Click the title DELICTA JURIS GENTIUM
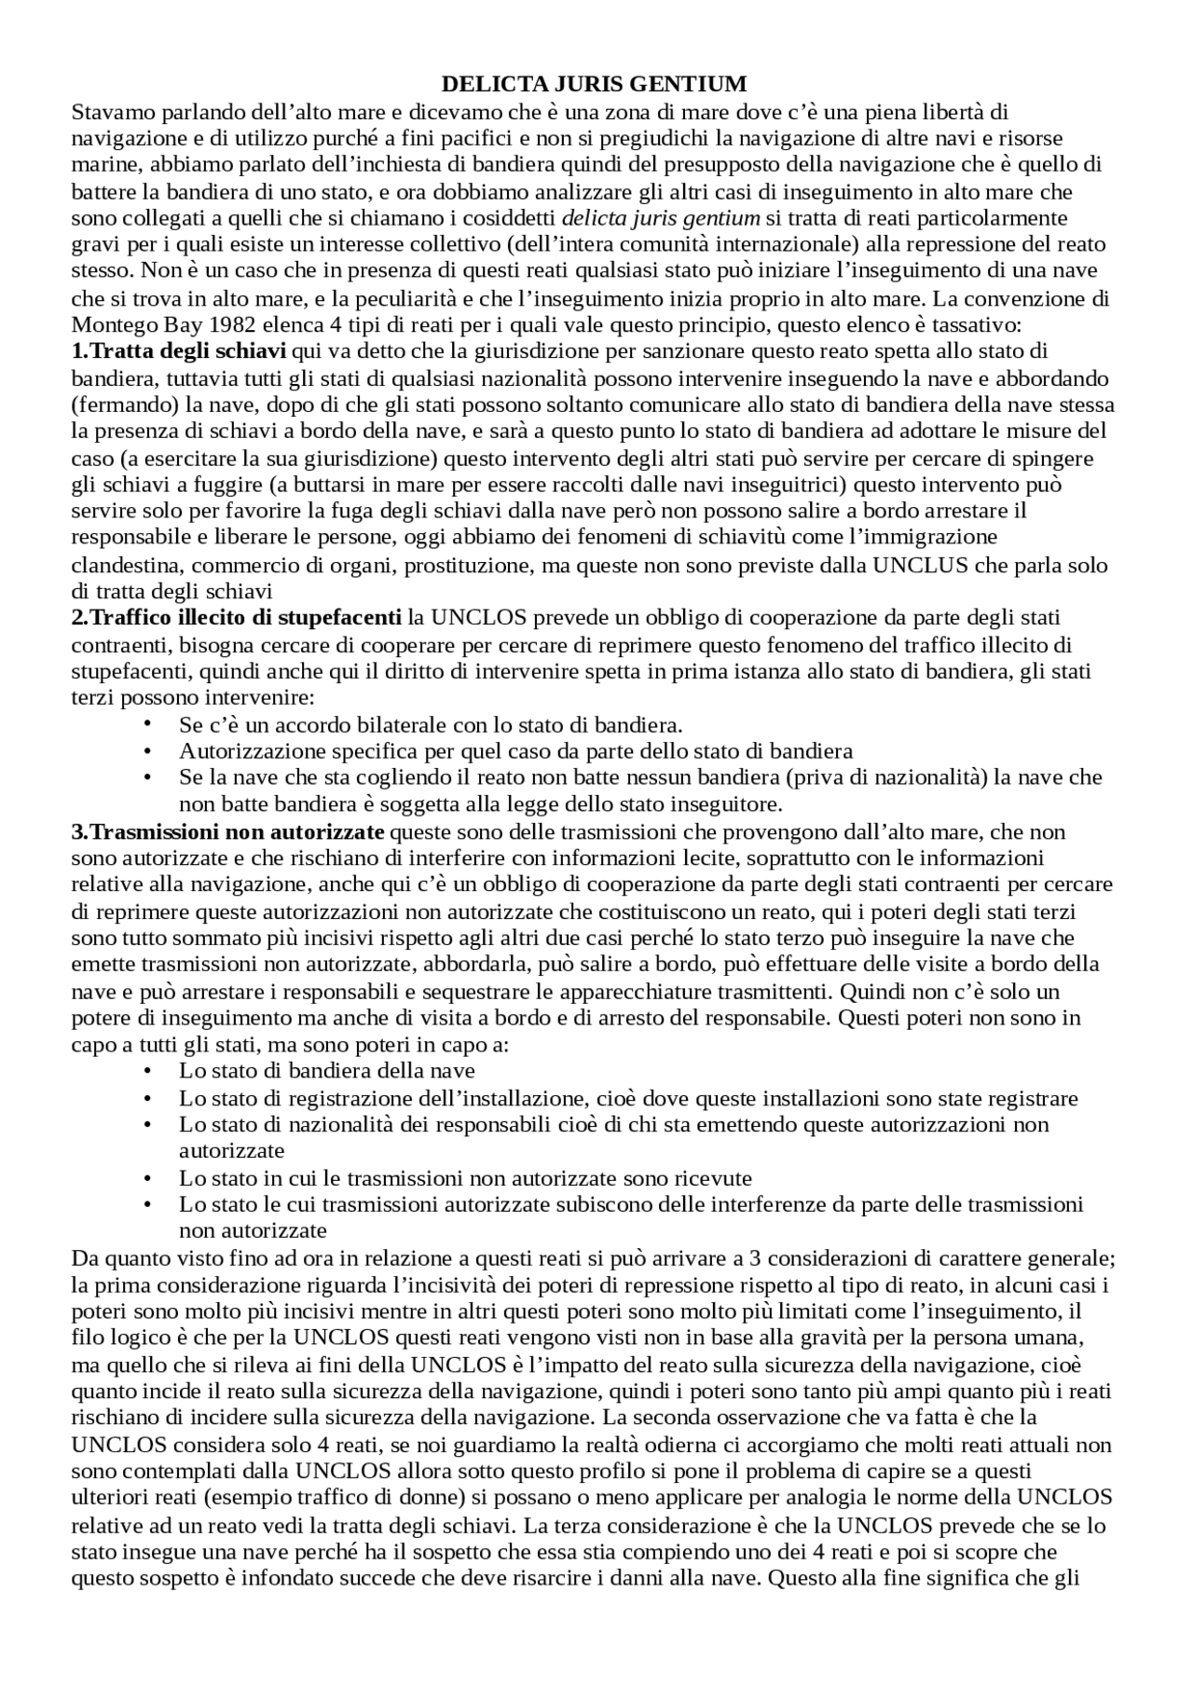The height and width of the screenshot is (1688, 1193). pos(594,85)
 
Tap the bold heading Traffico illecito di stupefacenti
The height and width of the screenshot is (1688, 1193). pos(237,617)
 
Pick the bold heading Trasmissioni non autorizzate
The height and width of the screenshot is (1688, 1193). pos(228,830)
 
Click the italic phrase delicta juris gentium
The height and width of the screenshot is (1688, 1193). pos(661,218)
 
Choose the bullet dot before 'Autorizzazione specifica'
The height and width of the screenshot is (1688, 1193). pos(146,751)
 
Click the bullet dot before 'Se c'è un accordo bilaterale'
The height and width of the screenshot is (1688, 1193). pos(146,724)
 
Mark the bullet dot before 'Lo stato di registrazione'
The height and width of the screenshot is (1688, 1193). pos(146,1098)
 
